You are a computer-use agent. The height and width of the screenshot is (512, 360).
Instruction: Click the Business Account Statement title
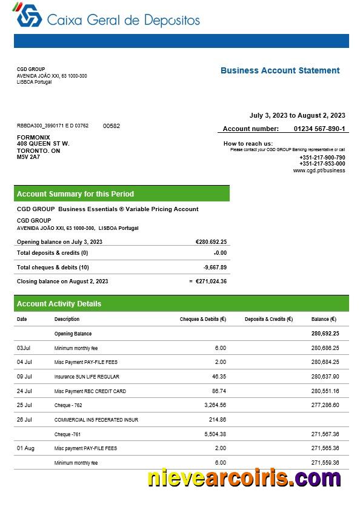280,70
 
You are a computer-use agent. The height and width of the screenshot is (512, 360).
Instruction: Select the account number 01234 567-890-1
319,129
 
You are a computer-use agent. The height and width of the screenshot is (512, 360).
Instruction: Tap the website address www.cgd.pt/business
319,170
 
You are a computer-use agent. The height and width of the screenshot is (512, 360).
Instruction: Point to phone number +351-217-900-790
322,158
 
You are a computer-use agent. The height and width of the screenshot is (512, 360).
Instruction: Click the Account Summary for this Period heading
75,194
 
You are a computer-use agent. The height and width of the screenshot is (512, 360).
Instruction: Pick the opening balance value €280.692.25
211,241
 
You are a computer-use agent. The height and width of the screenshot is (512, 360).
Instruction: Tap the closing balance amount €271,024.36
211,281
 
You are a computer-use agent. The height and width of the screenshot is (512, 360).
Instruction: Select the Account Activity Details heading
59,304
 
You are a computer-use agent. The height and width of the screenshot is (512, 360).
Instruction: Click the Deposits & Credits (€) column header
268,319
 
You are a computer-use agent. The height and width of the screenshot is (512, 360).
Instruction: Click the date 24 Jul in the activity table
24,391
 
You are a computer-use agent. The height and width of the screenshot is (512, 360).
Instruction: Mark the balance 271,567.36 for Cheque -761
325,434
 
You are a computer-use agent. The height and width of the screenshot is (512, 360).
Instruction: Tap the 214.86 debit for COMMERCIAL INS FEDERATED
218,419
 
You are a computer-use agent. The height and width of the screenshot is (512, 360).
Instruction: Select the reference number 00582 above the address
112,126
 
